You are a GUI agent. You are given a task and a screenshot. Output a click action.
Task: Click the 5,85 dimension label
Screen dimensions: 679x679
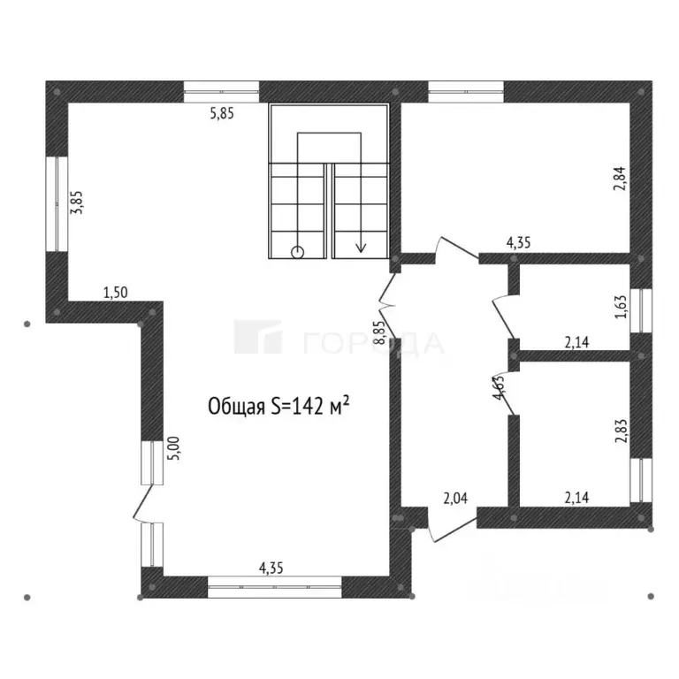point(222,113)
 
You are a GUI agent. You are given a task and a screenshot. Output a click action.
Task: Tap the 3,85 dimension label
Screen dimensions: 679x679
point(77,202)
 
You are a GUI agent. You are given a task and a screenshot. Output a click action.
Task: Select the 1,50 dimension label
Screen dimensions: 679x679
point(116,293)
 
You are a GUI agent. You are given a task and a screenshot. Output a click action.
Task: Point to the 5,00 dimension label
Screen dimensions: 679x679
point(173,448)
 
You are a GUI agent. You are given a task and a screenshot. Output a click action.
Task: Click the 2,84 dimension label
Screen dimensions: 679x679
point(620,179)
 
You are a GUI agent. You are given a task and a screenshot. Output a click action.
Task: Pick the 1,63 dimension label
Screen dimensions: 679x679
point(621,307)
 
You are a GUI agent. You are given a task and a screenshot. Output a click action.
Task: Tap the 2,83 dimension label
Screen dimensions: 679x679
point(621,431)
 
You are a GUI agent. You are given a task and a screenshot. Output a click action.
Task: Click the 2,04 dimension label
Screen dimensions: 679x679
point(455,499)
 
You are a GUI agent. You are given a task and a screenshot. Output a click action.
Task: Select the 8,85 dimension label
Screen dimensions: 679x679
point(379,332)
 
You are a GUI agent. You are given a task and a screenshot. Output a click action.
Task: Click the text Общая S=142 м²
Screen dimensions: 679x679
point(278,406)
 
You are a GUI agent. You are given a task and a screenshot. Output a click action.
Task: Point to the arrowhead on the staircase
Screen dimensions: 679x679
point(361,248)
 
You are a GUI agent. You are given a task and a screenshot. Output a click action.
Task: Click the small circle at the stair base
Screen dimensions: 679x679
point(297,252)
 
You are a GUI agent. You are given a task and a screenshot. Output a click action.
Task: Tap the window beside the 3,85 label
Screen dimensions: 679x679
point(57,203)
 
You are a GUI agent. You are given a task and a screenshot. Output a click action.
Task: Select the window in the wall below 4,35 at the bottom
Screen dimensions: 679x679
point(275,587)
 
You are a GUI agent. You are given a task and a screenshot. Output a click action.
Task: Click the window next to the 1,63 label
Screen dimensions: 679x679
point(641,310)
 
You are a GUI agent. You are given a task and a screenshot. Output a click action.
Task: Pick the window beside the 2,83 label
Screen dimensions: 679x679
point(641,480)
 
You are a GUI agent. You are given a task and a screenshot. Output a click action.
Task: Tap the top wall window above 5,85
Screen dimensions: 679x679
point(222,92)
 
